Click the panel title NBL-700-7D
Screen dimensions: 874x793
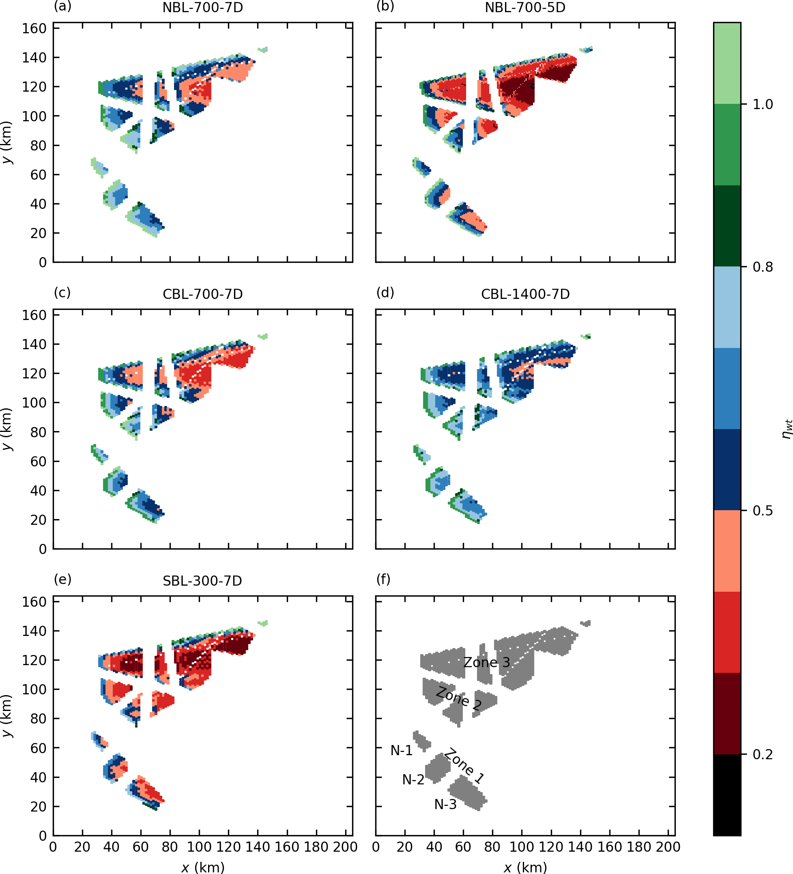click(x=202, y=8)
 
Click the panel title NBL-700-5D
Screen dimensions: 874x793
click(x=525, y=8)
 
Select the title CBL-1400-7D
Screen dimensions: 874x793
click(x=525, y=294)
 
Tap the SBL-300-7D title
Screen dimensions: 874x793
click(x=202, y=581)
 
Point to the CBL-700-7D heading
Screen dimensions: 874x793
click(x=202, y=294)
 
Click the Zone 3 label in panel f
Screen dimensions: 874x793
click(x=486, y=662)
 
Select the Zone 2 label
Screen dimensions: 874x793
click(x=459, y=698)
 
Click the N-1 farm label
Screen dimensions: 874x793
click(x=402, y=750)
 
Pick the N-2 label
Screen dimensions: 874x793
click(x=413, y=780)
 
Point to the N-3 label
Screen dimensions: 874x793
click(x=445, y=805)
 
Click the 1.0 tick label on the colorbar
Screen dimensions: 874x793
click(x=763, y=105)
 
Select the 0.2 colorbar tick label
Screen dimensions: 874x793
click(x=763, y=755)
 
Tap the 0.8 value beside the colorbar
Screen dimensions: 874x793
click(x=763, y=267)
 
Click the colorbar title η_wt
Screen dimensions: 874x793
click(x=787, y=429)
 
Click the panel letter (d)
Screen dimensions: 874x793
click(x=385, y=293)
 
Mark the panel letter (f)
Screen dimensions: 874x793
click(x=383, y=579)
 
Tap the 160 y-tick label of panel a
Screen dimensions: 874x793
click(x=34, y=29)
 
